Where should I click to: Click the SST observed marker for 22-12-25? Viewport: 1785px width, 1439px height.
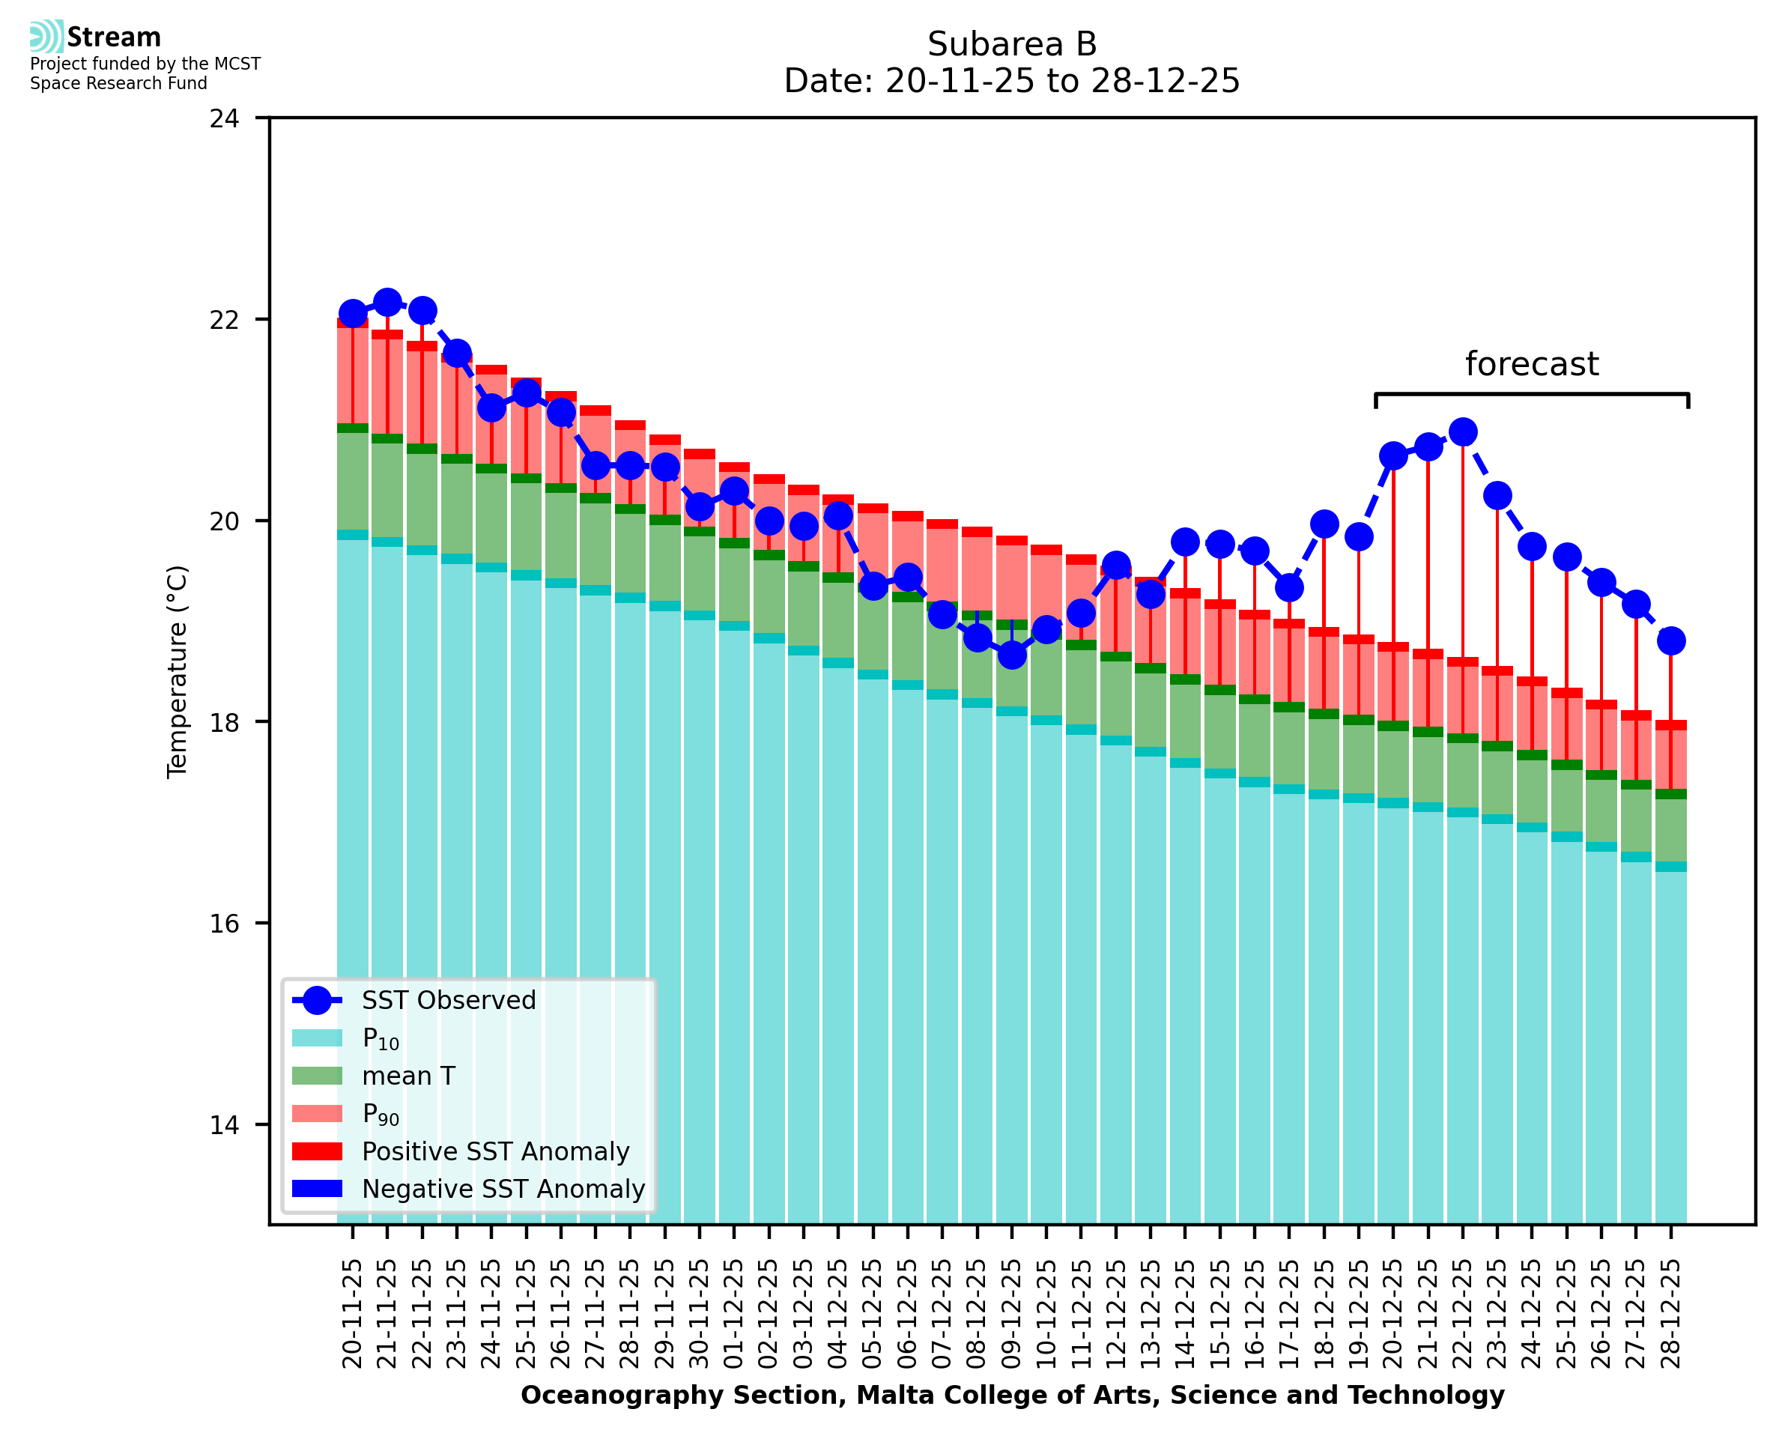1463,432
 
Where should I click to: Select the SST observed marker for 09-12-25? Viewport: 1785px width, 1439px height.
1012,655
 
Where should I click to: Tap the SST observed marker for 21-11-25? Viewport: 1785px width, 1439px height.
387,303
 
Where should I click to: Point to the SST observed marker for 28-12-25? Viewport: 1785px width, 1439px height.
1670,640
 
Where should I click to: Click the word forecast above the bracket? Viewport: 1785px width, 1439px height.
1531,365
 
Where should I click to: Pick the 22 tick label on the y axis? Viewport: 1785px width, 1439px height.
224,320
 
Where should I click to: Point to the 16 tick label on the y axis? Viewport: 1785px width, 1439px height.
224,924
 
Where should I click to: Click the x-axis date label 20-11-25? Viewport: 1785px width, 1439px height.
352,1314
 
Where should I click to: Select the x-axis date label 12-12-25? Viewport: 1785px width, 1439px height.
1115,1314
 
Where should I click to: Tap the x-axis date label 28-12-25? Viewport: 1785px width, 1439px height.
1670,1314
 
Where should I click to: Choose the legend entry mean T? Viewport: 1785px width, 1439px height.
408,1076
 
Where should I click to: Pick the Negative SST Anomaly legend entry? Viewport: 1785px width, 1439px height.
503,1189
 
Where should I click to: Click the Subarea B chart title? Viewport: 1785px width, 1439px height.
1012,44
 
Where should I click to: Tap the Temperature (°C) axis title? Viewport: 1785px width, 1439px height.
178,671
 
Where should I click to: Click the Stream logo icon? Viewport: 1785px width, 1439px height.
46,37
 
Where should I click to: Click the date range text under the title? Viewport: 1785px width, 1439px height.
1012,81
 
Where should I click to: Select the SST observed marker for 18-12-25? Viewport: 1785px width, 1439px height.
1324,524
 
